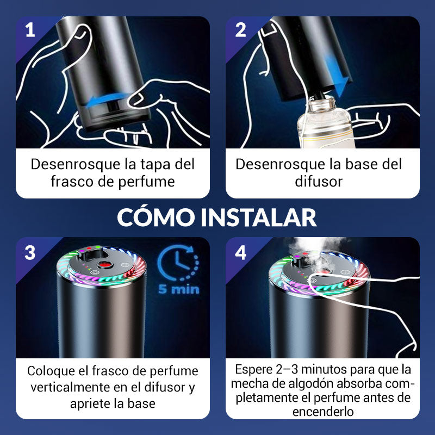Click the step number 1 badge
pyautogui.click(x=30, y=30)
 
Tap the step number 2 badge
pyautogui.click(x=240, y=30)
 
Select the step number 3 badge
pyautogui.click(x=30, y=252)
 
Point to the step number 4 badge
pyautogui.click(x=240, y=252)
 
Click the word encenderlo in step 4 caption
pyautogui.click(x=323, y=412)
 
